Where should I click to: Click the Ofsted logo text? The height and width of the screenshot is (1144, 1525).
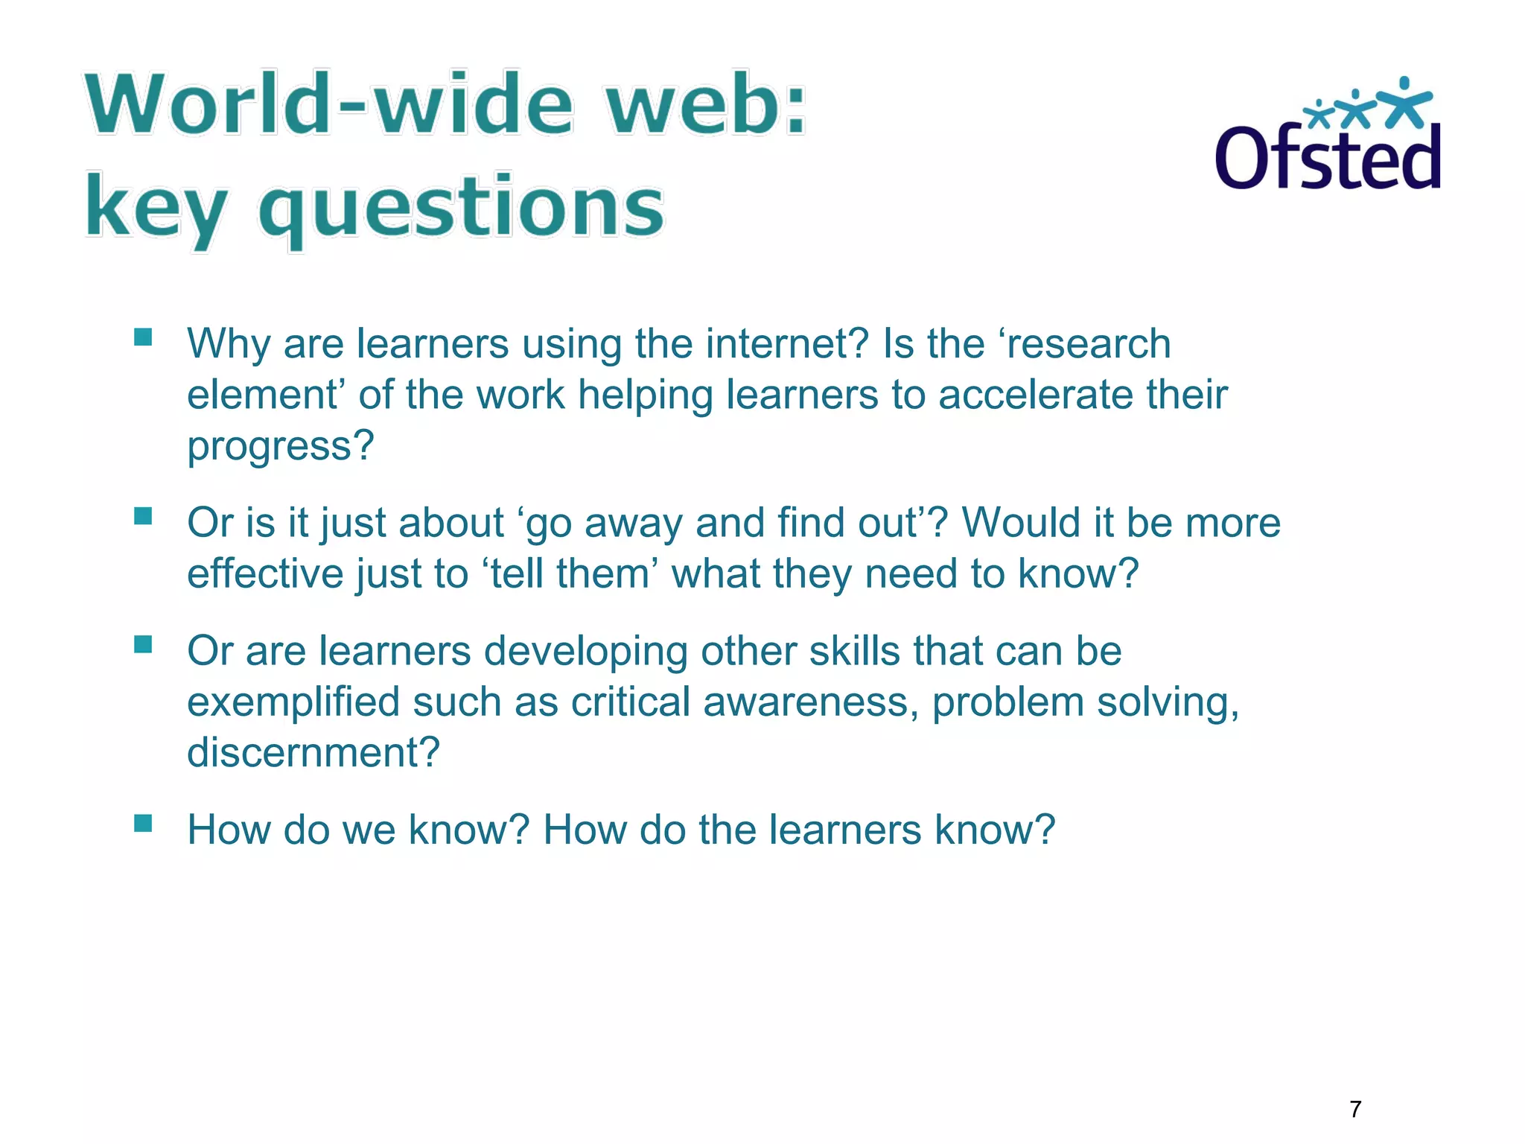click(1327, 158)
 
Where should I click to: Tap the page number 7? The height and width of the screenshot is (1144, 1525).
click(1355, 1109)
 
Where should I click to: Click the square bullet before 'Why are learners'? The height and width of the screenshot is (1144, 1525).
click(143, 337)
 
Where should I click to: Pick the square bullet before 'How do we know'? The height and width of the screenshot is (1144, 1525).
click(143, 823)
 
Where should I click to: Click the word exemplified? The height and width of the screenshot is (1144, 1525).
click(293, 702)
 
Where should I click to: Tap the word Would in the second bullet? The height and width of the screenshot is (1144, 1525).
click(1022, 523)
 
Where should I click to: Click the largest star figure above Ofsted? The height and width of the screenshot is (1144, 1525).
click(1404, 102)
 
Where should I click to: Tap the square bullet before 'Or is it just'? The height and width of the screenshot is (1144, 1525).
click(143, 516)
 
